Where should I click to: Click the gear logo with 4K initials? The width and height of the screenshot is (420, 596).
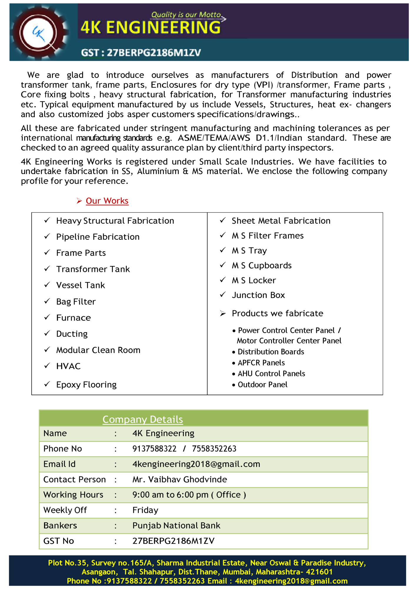coord(40,33)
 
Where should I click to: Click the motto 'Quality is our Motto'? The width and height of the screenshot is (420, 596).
coord(186,14)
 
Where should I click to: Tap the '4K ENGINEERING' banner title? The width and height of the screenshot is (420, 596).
coord(151,27)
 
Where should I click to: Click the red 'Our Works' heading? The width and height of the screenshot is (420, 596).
coord(107,201)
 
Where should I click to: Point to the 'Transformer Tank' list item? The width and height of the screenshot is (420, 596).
coord(93,269)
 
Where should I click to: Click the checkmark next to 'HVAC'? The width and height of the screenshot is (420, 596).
coord(47,366)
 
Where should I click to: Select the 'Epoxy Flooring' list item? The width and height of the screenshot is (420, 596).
coord(86,385)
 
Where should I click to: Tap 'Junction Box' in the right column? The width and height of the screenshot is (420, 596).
coord(258,295)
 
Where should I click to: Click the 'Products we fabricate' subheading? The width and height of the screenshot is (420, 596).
coord(277,313)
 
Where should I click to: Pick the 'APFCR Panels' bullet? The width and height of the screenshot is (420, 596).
coord(261,363)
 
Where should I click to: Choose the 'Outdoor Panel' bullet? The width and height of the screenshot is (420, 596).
coord(262,385)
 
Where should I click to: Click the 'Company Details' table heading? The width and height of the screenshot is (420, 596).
coord(143,419)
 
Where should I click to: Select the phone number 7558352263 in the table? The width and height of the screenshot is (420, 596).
coord(214,449)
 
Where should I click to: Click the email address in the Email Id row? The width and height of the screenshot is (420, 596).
coord(196,464)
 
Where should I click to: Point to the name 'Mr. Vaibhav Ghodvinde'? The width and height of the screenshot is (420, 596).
coord(179,480)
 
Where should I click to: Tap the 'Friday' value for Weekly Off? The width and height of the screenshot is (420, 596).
coord(145,510)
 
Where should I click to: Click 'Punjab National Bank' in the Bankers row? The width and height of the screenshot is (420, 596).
coord(176,525)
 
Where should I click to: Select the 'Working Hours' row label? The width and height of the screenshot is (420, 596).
coord(73,495)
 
